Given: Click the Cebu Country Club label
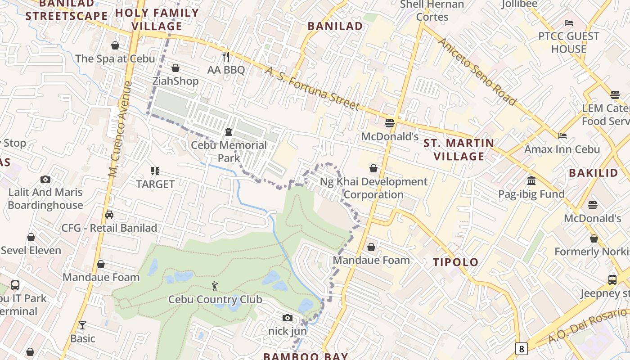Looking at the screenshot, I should click(x=215, y=299).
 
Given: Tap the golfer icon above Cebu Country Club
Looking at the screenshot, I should click(x=215, y=286).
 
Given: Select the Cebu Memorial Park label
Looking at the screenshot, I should click(x=229, y=152).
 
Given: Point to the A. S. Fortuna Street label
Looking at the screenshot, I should click(x=312, y=89).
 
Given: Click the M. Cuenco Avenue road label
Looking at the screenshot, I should click(x=120, y=129).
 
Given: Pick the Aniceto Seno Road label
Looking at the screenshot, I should click(x=477, y=72).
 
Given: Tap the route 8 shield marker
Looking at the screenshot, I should click(x=521, y=348).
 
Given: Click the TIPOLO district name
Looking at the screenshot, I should click(x=455, y=262).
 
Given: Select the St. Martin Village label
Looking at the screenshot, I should click(x=459, y=150).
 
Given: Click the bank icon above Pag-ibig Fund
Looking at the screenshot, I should click(x=531, y=180).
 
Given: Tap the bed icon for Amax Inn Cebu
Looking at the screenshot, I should click(x=562, y=135).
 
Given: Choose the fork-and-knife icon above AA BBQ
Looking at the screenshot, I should click(x=226, y=57).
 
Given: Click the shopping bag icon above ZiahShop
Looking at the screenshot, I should click(x=175, y=68).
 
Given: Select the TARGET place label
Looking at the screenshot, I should click(x=155, y=184).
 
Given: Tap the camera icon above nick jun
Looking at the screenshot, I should click(x=288, y=318).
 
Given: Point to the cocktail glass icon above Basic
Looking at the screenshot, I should click(x=82, y=325).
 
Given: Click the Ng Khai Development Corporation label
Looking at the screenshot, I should click(x=373, y=188).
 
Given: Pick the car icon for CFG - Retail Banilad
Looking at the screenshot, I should click(x=109, y=215).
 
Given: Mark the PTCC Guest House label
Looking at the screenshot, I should click(x=569, y=42).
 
